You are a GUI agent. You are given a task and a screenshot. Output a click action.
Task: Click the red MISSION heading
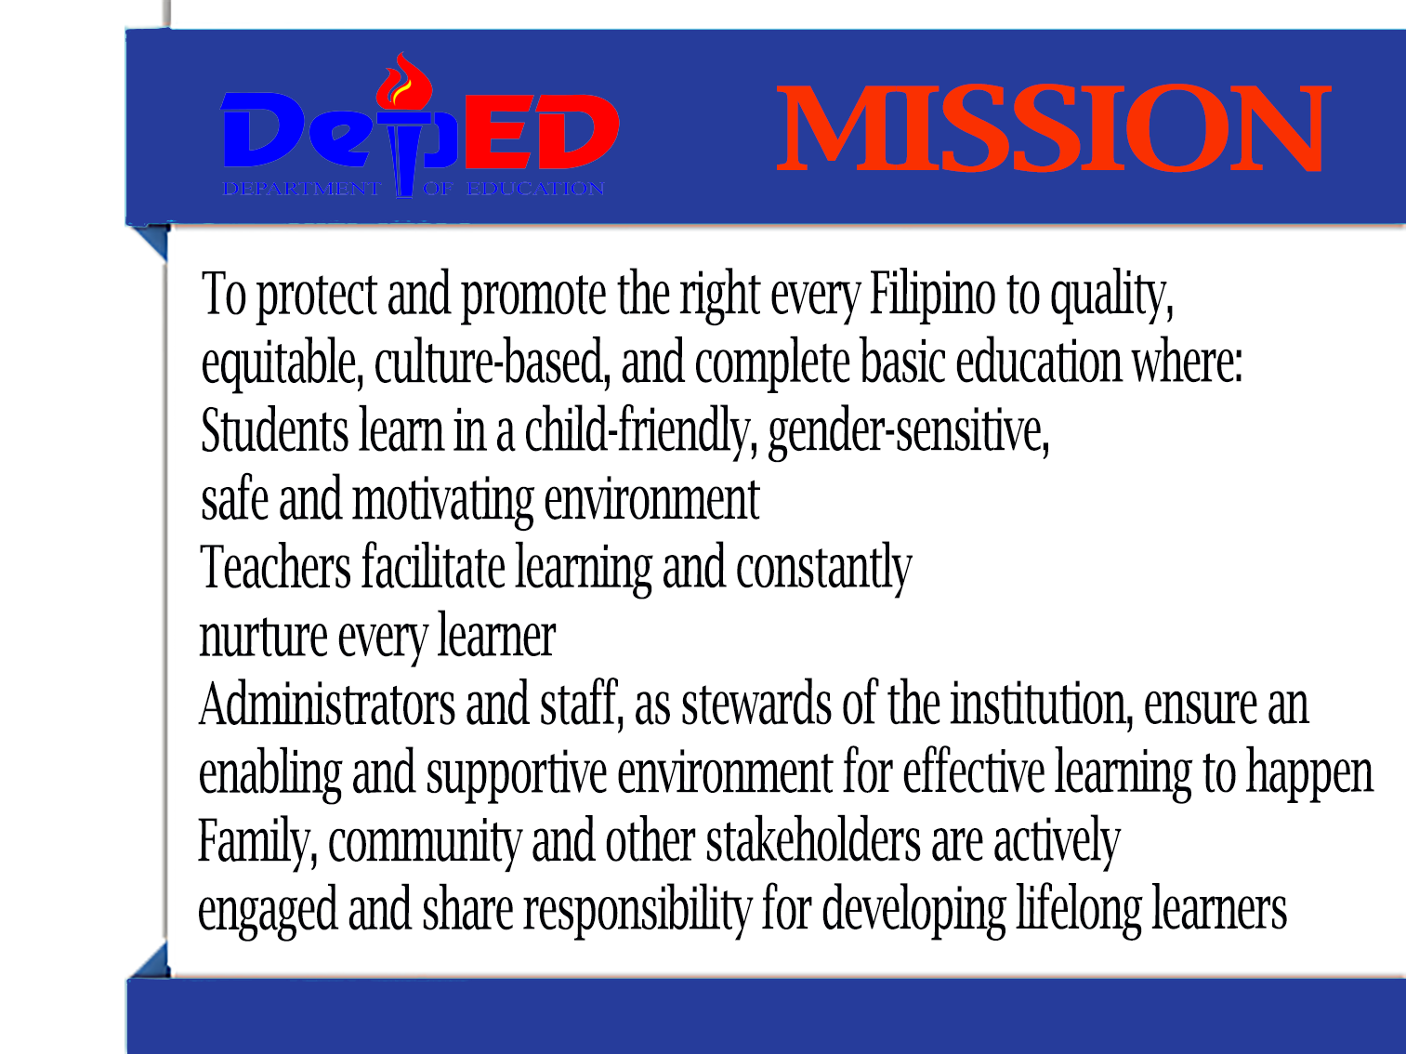1054,128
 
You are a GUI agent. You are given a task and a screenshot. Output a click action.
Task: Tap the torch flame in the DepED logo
403,82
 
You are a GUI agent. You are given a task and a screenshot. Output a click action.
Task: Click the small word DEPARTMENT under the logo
302,189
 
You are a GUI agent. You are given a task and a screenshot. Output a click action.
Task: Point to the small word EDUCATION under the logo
535,189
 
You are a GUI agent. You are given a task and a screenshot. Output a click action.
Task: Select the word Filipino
932,296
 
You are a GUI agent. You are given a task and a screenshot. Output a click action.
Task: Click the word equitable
283,363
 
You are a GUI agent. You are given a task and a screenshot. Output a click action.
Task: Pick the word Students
274,430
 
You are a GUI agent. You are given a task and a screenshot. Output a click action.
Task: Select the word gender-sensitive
909,432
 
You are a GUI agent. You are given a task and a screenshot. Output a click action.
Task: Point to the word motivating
442,501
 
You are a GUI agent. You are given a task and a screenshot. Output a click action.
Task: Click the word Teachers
275,567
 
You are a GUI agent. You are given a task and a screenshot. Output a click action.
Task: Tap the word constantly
823,570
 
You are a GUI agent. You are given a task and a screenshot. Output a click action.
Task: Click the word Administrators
327,705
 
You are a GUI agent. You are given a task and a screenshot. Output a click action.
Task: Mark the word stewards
756,705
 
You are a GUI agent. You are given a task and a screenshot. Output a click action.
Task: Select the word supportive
517,774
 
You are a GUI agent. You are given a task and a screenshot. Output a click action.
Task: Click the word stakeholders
813,840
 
